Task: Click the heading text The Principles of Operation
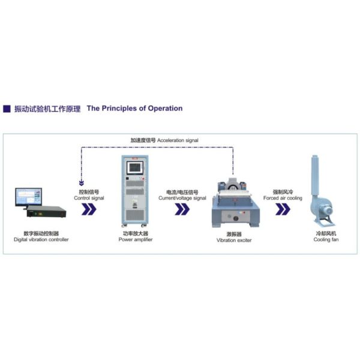point(134,109)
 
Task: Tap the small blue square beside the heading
point(7,109)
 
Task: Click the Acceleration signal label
point(164,140)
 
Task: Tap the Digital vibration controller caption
point(41,236)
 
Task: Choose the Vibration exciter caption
point(234,236)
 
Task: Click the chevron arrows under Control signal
point(89,209)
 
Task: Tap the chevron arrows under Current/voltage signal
point(182,209)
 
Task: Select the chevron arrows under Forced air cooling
point(282,209)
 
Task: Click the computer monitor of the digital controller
point(29,196)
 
